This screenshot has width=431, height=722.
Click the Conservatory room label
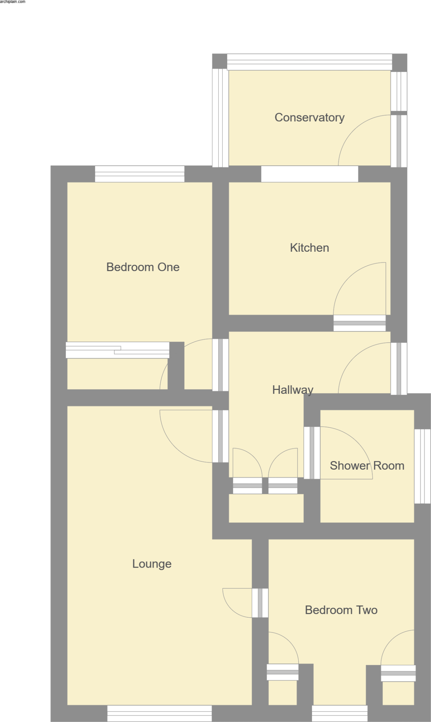pyautogui.click(x=310, y=117)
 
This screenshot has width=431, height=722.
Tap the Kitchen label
pyautogui.click(x=310, y=247)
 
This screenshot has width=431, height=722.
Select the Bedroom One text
pyautogui.click(x=143, y=267)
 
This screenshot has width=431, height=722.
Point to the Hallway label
pyautogui.click(x=293, y=390)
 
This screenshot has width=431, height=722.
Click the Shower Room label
pyautogui.click(x=367, y=465)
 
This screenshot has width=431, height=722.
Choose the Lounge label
pyautogui.click(x=152, y=563)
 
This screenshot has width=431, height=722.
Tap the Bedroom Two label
pyautogui.click(x=341, y=610)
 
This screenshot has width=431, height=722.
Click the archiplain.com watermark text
pyautogui.click(x=13, y=2)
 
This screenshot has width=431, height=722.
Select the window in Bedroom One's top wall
pyautogui.click(x=139, y=174)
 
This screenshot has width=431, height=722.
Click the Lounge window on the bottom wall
pyautogui.click(x=160, y=713)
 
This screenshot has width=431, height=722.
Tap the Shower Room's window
pyautogui.click(x=422, y=466)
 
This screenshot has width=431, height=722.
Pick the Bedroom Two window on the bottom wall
pyautogui.click(x=339, y=713)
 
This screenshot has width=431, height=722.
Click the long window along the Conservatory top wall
pyautogui.click(x=309, y=62)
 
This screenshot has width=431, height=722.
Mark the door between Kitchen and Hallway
pyautogui.click(x=360, y=323)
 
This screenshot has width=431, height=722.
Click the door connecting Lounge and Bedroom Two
pyautogui.click(x=260, y=603)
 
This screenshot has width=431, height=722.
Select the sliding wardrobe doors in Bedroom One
pyautogui.click(x=118, y=350)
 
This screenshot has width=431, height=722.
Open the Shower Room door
pyautogui.click(x=312, y=453)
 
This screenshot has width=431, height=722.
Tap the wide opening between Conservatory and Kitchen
pyautogui.click(x=310, y=174)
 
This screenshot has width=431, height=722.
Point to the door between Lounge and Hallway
pyautogui.click(x=220, y=436)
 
